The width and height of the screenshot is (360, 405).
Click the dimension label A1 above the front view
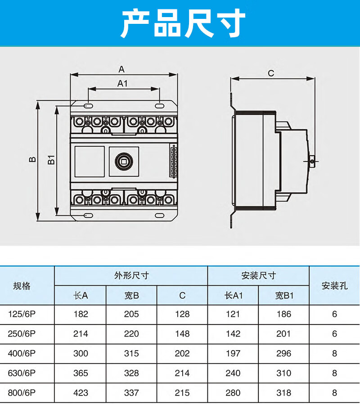pyautogui.click(x=123, y=83)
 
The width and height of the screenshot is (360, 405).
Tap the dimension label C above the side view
pyautogui.click(x=271, y=73)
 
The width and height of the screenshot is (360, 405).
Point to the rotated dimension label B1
pyautogui.click(x=51, y=159)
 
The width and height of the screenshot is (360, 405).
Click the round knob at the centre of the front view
pyautogui.click(x=123, y=160)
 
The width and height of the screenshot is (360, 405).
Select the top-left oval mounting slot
pyautogui.click(x=88, y=106)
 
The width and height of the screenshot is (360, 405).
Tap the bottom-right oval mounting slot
pyautogui.click(x=159, y=215)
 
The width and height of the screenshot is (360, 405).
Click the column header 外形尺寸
pyautogui.click(x=131, y=275)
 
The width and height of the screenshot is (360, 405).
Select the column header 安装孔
pyautogui.click(x=334, y=285)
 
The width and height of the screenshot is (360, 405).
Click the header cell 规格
pyautogui.click(x=22, y=285)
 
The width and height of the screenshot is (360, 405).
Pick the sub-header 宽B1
pyautogui.click(x=284, y=296)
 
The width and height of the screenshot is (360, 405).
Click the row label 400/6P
pyautogui.click(x=22, y=353)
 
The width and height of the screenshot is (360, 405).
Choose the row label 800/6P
pyautogui.click(x=22, y=393)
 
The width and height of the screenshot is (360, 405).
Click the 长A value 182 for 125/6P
pyautogui.click(x=81, y=314)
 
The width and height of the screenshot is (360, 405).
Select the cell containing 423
pyautogui.click(x=81, y=393)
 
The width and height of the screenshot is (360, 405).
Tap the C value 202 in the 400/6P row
pyautogui.click(x=182, y=353)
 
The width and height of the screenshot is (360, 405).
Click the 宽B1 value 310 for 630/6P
pyautogui.click(x=284, y=373)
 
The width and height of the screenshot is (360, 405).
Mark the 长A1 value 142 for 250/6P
pyautogui.click(x=233, y=334)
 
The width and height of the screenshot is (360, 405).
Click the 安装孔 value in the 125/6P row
pyautogui.click(x=334, y=314)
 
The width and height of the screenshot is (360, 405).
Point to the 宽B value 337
pyautogui.click(x=131, y=393)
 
